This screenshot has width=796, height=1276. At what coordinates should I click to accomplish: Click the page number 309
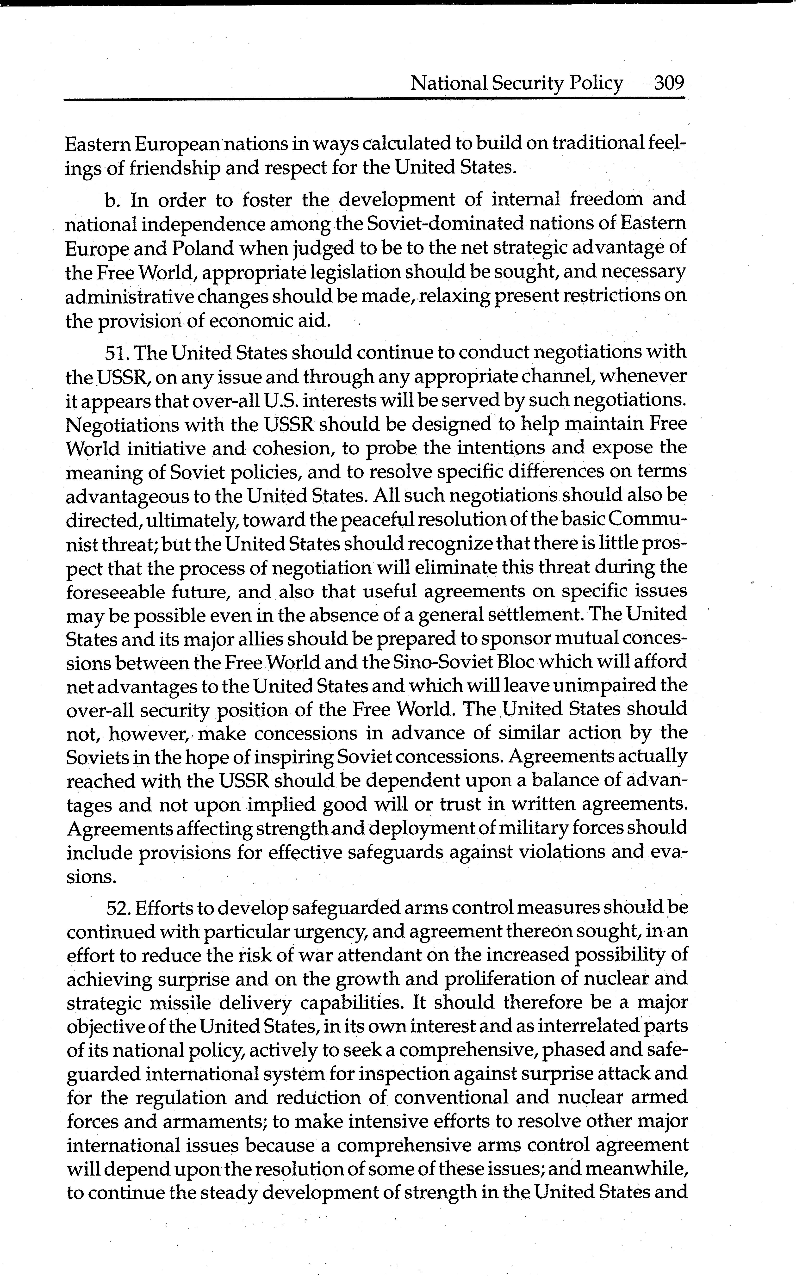tap(669, 83)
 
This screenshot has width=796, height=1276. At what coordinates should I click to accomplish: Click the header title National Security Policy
tap(516, 83)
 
